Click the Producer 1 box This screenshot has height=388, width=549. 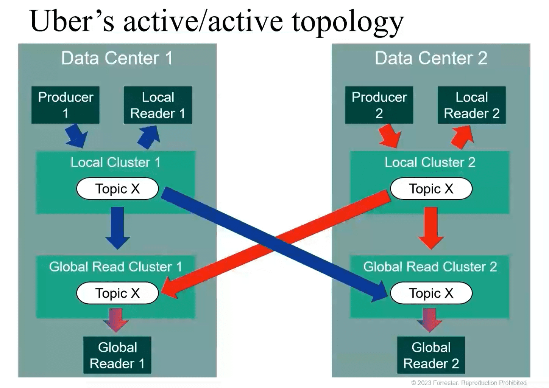point(65,105)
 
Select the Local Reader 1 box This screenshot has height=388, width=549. point(158,105)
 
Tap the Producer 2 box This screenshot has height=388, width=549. point(379,105)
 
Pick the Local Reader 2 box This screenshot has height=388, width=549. point(471,105)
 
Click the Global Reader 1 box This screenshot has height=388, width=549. point(117,355)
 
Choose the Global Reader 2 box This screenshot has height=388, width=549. point(431,355)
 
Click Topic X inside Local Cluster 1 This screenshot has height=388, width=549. point(117,188)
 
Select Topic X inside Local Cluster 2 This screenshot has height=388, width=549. point(431,188)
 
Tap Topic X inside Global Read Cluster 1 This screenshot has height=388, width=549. point(117,293)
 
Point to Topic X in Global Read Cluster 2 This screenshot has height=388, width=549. point(431,293)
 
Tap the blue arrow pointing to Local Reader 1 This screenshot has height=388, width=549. point(149,137)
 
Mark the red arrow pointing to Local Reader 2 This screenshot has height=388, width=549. point(462,137)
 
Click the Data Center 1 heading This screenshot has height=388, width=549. point(117,58)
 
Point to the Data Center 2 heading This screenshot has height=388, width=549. point(431,58)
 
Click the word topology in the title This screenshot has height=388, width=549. point(348,22)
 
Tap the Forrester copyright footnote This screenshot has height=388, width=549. point(469,383)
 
